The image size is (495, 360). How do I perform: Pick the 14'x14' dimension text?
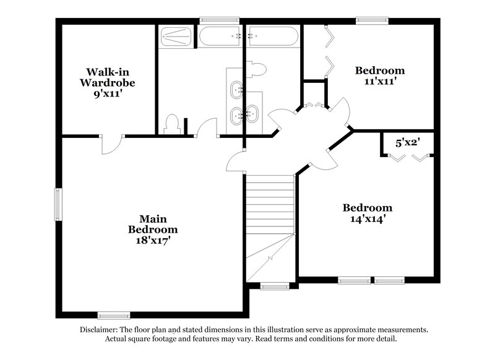point(368,218)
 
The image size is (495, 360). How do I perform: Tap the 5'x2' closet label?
point(408,143)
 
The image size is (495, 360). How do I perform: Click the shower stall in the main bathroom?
point(177,36)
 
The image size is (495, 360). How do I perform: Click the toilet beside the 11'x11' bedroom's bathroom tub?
point(256,69)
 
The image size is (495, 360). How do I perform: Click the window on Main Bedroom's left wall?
point(58,204)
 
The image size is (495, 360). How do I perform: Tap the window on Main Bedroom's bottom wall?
point(114,315)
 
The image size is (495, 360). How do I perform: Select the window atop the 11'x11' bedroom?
point(372,20)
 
